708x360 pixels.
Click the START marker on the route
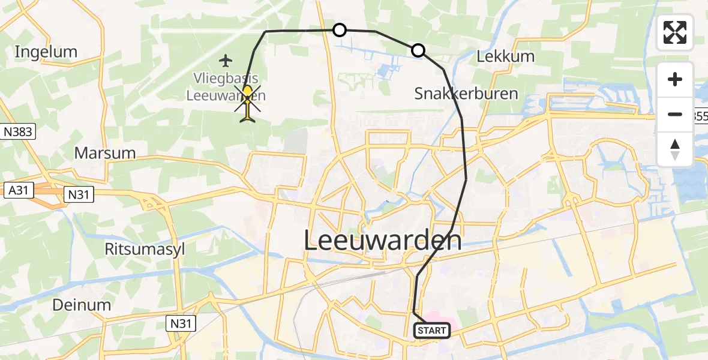(x=431, y=330)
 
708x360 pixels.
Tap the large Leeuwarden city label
(x=383, y=241)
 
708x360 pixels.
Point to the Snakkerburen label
(x=466, y=94)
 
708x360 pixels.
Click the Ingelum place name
(x=46, y=52)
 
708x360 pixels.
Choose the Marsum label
(x=105, y=152)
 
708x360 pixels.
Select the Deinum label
(x=82, y=305)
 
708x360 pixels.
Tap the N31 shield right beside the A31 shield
(x=79, y=193)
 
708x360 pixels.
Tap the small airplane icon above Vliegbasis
(x=226, y=61)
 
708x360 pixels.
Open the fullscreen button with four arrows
(x=675, y=32)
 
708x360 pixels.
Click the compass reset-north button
(x=675, y=149)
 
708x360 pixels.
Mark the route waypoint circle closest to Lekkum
(x=418, y=50)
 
